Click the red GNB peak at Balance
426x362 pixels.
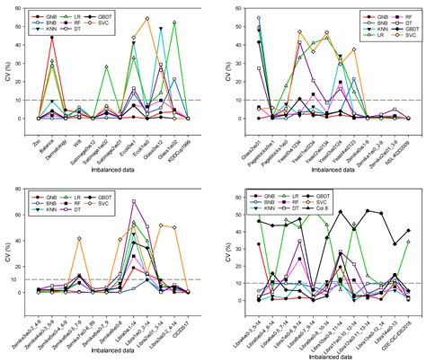[52, 37]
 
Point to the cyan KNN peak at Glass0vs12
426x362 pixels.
[161, 29]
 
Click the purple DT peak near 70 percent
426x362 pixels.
[134, 201]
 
